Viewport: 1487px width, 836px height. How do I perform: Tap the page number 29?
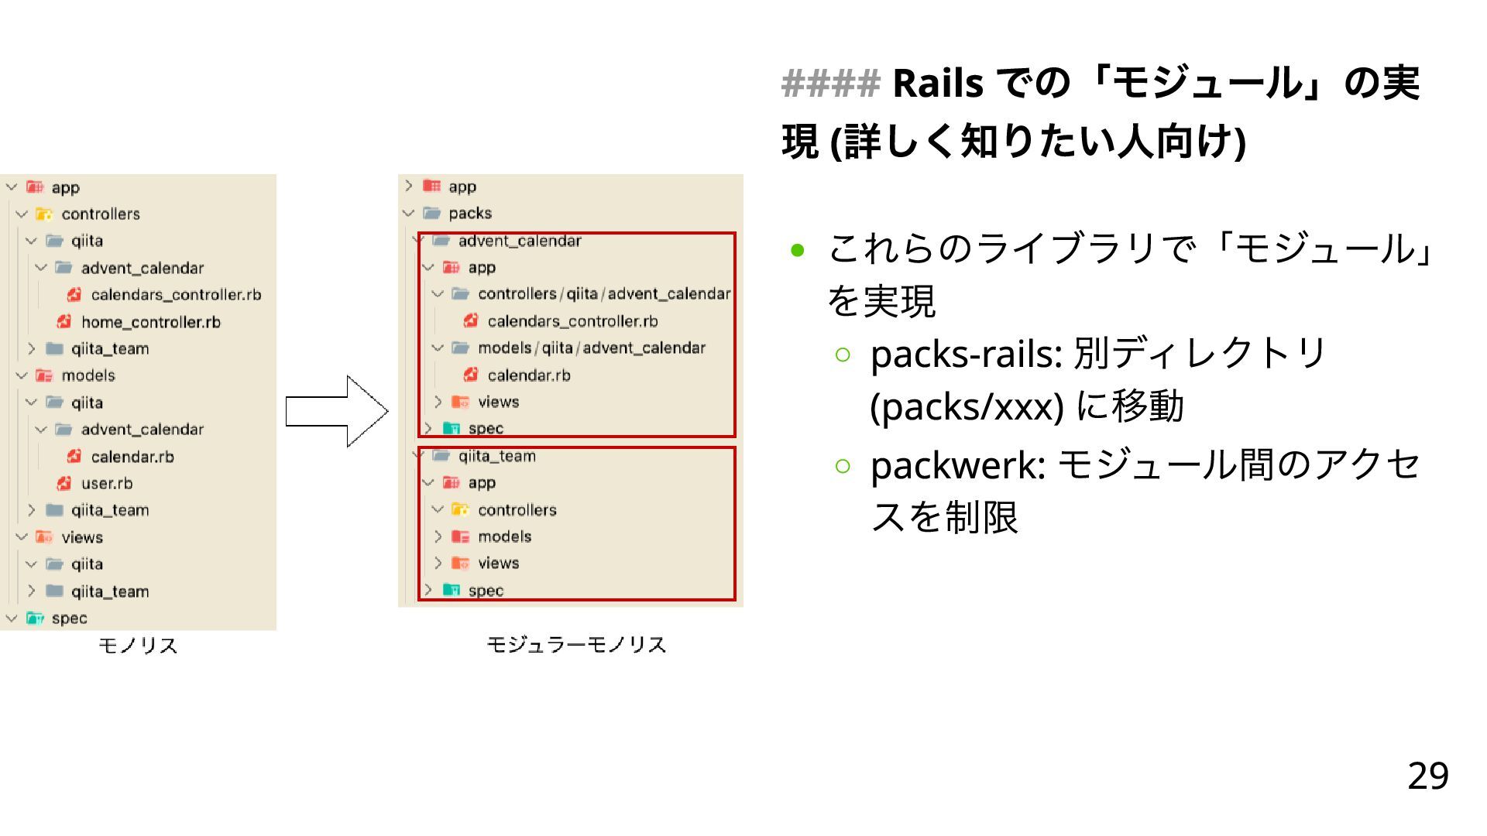1427,776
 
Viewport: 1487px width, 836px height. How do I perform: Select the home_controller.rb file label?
150,322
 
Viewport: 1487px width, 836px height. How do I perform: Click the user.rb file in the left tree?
107,484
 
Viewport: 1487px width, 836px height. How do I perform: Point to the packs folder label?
469,214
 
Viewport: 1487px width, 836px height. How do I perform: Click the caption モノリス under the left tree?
138,646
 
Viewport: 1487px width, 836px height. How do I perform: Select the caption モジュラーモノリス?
576,645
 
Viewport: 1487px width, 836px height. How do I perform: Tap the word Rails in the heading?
938,84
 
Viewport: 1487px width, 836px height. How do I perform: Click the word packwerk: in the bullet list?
958,465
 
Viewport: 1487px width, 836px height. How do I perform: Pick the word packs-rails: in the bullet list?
966,355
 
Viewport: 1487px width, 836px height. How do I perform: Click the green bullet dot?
798,251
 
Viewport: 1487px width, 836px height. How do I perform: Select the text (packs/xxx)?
967,407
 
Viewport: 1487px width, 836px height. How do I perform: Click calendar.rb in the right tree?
528,375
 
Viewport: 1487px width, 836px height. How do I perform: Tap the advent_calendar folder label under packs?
519,241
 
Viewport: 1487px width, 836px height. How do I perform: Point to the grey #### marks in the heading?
830,84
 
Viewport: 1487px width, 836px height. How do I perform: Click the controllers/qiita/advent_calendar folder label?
603,294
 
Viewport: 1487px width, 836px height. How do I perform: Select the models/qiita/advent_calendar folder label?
591,348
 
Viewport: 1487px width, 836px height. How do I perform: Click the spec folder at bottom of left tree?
69,618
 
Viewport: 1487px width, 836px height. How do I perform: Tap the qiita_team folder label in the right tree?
496,456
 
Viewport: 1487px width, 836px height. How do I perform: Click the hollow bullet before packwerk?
843,466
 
